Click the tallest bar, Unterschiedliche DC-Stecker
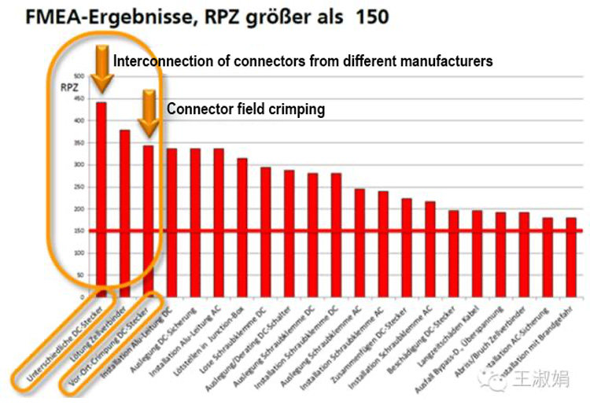pos(101,197)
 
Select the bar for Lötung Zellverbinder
pos(124,212)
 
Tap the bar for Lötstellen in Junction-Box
pos(242,228)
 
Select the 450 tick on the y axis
pos(77,98)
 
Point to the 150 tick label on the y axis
pos(77,231)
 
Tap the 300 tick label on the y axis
pos(77,165)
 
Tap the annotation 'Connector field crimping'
pos(245,109)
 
